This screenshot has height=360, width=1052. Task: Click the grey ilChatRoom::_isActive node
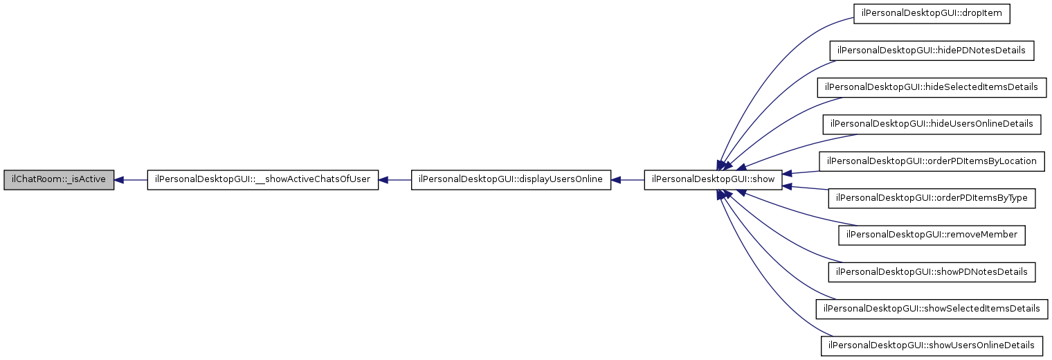pyautogui.click(x=59, y=180)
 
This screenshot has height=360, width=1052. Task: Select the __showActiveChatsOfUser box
pyautogui.click(x=262, y=180)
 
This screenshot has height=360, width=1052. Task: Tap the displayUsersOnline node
pyautogui.click(x=511, y=180)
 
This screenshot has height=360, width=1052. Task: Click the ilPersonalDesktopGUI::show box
pyautogui.click(x=714, y=180)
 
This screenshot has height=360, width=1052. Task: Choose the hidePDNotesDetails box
pyautogui.click(x=932, y=51)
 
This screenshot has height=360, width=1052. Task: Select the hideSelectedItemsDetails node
pyautogui.click(x=932, y=87)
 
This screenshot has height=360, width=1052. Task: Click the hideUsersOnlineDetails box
pyautogui.click(x=932, y=124)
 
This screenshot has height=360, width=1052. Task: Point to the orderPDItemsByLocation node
pyautogui.click(x=932, y=161)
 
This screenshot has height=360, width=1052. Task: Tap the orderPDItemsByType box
pyautogui.click(x=932, y=198)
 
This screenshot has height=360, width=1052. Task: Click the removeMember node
pyautogui.click(x=932, y=235)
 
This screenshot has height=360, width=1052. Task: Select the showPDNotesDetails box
pyautogui.click(x=932, y=271)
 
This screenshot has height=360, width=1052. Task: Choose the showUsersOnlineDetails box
pyautogui.click(x=932, y=345)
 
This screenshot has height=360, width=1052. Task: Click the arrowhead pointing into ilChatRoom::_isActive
pyautogui.click(x=119, y=180)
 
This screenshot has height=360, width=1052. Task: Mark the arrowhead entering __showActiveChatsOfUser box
pyautogui.click(x=383, y=180)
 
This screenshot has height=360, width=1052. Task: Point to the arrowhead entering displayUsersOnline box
pyautogui.click(x=616, y=180)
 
